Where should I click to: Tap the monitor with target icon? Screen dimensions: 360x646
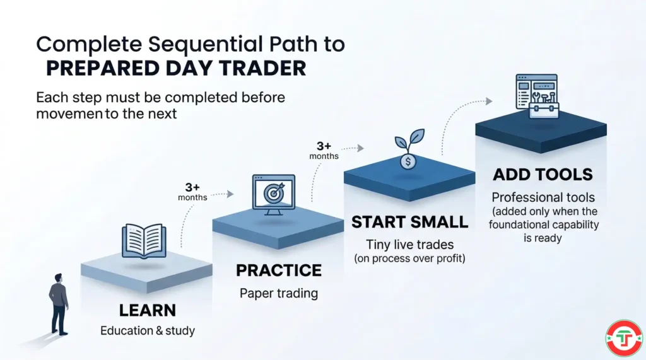pos(273,194)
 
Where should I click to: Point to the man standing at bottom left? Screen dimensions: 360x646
pos(59,303)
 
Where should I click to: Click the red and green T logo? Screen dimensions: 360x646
pos(623,339)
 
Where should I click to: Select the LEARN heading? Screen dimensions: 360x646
pos(147,310)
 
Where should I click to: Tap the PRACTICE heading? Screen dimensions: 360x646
pos(278,271)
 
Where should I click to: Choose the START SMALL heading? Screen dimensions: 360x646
pos(409,222)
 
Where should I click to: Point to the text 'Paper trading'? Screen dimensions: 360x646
pos(278,293)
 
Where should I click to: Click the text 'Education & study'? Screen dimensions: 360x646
pos(147,331)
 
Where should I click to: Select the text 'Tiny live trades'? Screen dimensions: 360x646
pos(409,243)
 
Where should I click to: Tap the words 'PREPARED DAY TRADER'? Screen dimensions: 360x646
pos(175,68)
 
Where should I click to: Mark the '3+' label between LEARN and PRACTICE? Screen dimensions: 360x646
pos(192,187)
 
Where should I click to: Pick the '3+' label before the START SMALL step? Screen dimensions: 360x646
pos(324,145)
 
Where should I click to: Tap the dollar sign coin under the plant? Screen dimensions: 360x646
pos(408,161)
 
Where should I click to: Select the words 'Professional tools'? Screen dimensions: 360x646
pos(543,197)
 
